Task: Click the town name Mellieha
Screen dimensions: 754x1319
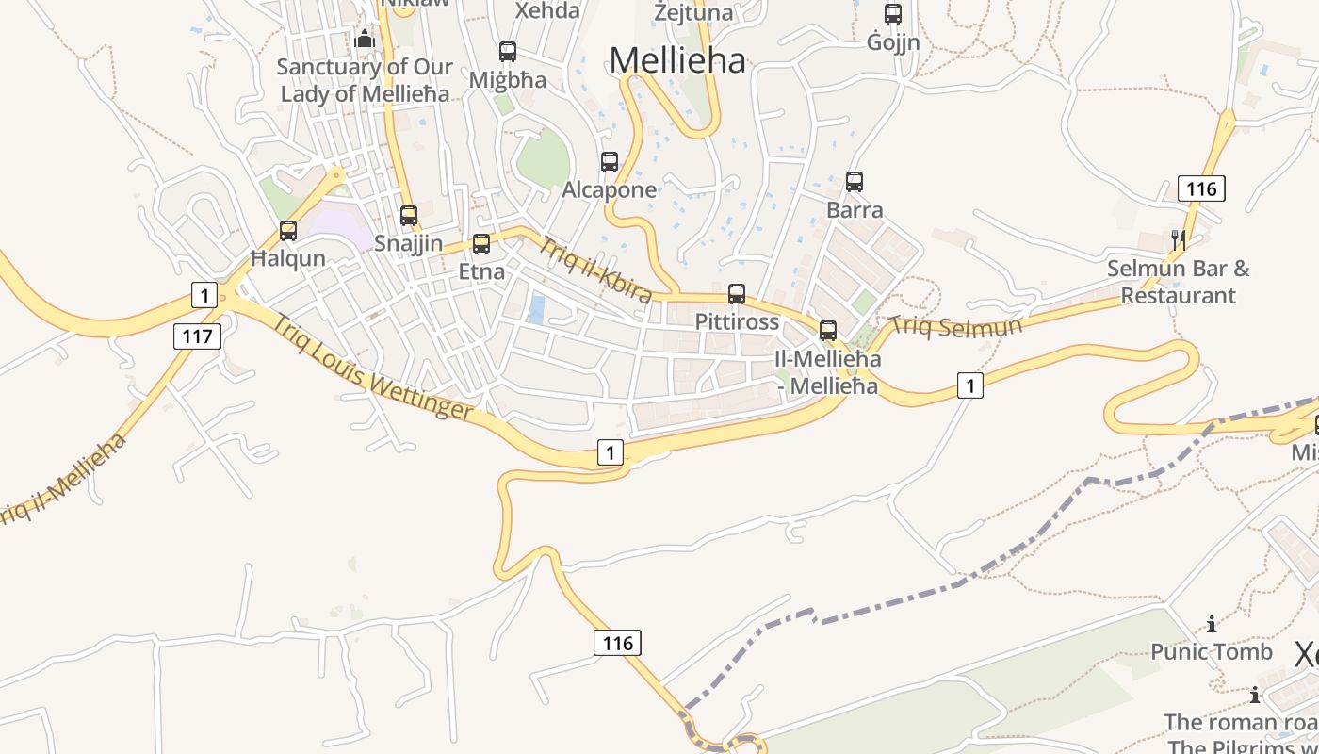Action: coord(677,60)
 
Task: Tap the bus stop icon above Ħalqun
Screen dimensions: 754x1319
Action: coord(288,231)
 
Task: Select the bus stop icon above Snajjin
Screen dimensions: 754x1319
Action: coord(408,216)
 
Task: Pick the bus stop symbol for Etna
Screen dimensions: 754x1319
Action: coord(481,244)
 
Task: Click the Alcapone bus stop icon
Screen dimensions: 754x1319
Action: coord(610,162)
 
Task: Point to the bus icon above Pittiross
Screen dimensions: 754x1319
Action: coord(737,294)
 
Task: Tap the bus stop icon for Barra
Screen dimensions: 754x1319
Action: coord(855,182)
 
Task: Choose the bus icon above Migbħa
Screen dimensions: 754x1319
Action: coord(508,52)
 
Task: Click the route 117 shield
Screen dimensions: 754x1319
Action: coord(197,336)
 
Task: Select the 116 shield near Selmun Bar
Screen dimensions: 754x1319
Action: coord(1201,188)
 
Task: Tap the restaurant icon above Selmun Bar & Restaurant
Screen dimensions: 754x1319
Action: coord(1178,240)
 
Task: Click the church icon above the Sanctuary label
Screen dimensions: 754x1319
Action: coord(365,40)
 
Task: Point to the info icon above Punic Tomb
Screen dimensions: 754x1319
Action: coord(1212,624)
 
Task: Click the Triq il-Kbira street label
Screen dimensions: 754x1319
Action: coord(595,270)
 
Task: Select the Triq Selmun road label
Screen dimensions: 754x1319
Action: coord(956,327)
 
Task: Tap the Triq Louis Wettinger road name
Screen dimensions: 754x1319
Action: coord(374,367)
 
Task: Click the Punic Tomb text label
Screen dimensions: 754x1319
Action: coord(1212,651)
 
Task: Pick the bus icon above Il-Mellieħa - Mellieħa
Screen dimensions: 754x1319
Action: coord(828,331)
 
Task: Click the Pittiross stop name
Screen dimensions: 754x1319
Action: coord(737,321)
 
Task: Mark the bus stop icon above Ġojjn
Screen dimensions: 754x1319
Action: coord(893,14)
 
